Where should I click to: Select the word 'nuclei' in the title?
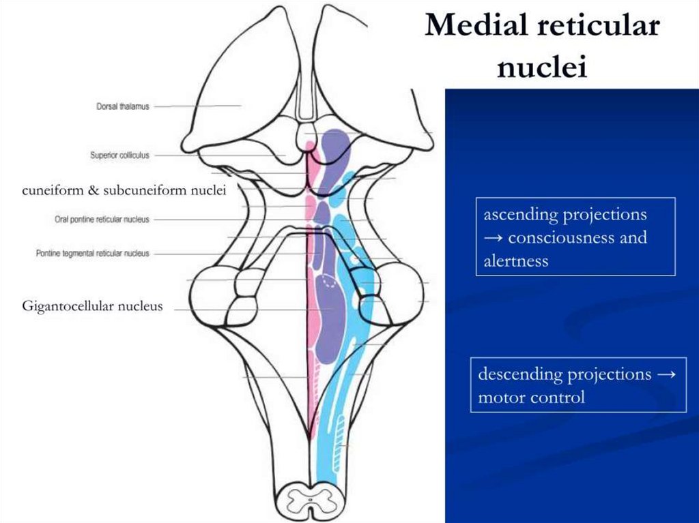click(542, 67)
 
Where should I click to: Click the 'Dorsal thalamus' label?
click(123, 106)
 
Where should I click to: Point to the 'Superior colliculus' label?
click(119, 155)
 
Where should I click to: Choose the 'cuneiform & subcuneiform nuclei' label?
click(124, 190)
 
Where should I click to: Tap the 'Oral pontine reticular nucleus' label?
click(102, 220)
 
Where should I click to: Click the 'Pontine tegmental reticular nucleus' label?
click(92, 254)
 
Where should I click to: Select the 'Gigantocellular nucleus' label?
click(92, 306)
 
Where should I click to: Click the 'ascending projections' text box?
click(575, 237)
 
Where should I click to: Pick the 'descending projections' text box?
click(577, 385)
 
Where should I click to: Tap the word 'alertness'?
click(515, 260)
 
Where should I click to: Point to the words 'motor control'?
click(531, 397)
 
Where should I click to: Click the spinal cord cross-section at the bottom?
click(311, 501)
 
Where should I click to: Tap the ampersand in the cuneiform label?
click(94, 190)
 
